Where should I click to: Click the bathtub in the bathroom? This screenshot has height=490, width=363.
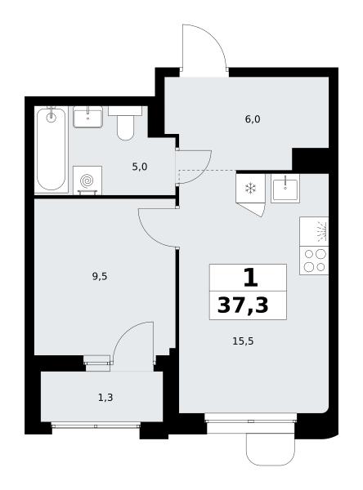(x=52, y=149)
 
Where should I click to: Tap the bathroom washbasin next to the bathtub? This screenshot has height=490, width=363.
(x=88, y=117)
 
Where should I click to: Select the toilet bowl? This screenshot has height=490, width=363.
(x=125, y=123)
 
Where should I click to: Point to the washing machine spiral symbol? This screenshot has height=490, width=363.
(x=87, y=180)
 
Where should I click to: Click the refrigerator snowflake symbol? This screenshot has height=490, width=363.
(x=250, y=189)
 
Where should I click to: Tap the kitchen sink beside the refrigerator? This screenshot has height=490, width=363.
(x=285, y=189)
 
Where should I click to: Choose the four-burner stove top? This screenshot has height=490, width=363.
(x=314, y=261)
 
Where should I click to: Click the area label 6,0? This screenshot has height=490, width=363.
(x=253, y=119)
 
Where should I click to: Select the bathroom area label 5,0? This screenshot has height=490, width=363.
(x=139, y=167)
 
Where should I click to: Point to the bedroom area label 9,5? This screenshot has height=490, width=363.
(x=100, y=276)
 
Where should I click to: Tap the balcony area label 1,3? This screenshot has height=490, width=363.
(x=105, y=398)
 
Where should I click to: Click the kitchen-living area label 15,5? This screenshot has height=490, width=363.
(x=243, y=341)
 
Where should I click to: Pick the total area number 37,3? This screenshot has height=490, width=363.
(x=243, y=305)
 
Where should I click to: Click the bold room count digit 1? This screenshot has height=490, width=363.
(x=251, y=278)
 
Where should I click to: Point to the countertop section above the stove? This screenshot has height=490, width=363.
(x=314, y=232)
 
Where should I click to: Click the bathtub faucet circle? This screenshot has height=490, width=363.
(x=51, y=118)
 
